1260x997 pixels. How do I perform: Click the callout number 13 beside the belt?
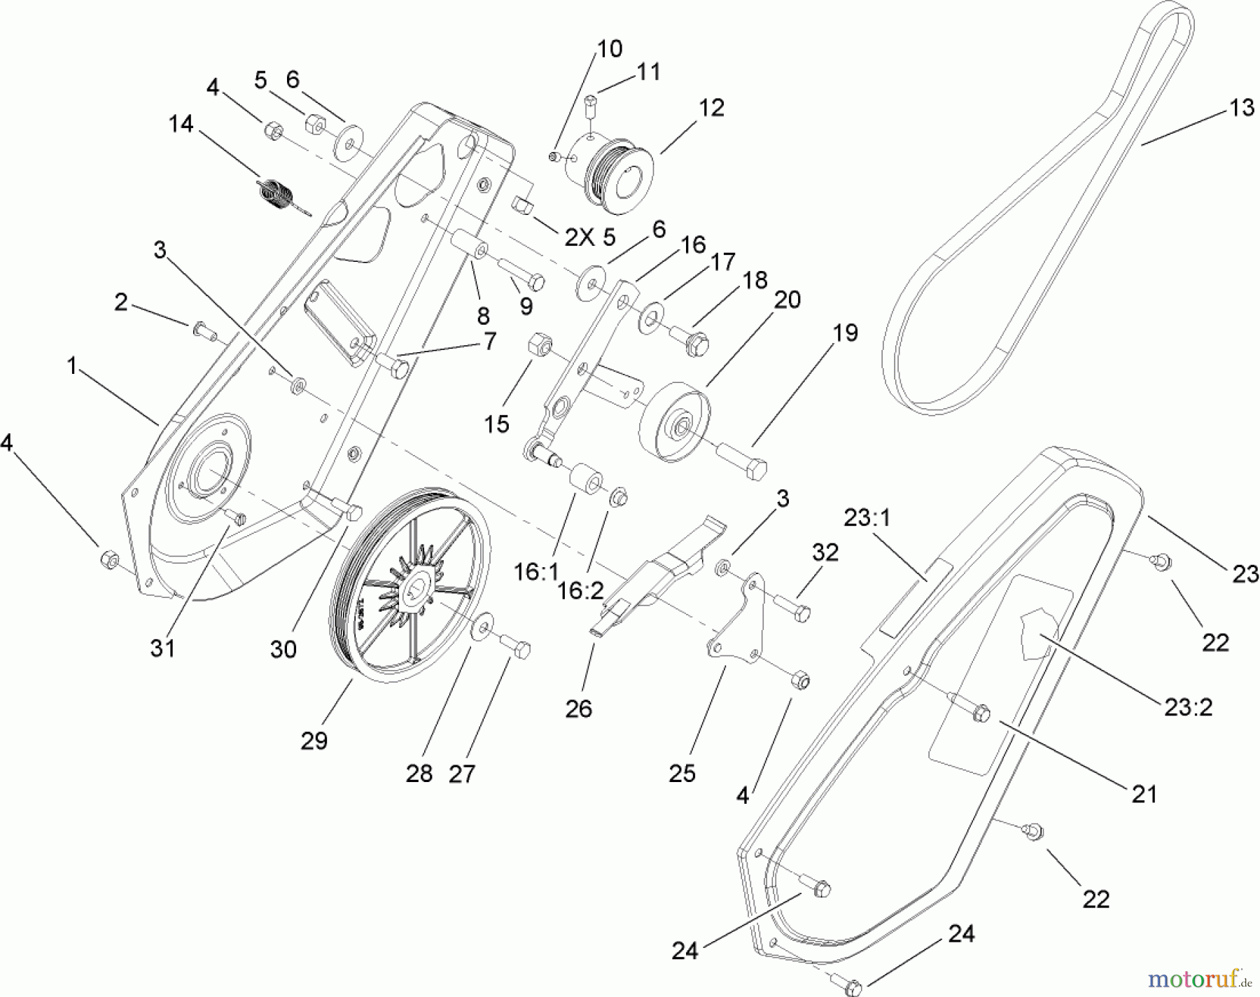pos(1241,109)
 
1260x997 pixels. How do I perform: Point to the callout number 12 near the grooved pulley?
pos(711,109)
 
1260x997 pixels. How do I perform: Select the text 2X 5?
pos(589,238)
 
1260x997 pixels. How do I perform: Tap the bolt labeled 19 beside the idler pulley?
pos(743,462)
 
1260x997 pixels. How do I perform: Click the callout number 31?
pos(162,648)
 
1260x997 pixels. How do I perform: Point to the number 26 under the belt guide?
pos(578,709)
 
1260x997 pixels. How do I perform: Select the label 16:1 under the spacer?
pos(536,573)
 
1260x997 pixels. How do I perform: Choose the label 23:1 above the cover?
pos(867,518)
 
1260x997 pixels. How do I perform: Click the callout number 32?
pos(825,552)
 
